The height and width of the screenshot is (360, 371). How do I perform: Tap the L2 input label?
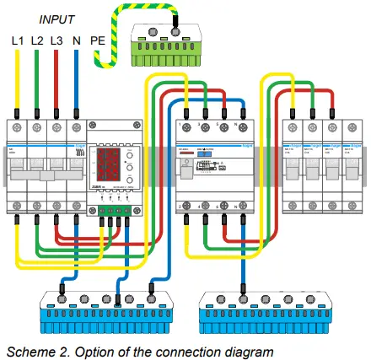[x=37, y=40]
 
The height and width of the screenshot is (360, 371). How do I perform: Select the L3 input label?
[x=56, y=40]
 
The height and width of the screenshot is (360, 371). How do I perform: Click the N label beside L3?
[x=76, y=40]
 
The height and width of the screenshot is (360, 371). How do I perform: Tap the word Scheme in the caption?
[x=26, y=349]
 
